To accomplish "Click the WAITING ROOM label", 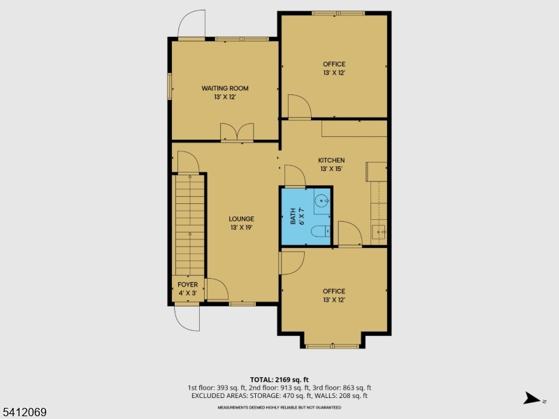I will (x=225, y=88).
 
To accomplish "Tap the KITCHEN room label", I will (x=332, y=160).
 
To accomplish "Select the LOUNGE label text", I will (x=242, y=219).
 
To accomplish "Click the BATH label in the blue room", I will (x=293, y=216).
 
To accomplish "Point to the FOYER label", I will (x=187, y=285).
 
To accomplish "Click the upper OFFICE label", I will (x=334, y=64).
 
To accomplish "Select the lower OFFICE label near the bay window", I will (x=334, y=291).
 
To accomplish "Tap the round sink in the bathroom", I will (x=321, y=201).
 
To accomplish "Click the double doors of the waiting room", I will (x=236, y=133).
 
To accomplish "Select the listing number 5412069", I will (x=24, y=413).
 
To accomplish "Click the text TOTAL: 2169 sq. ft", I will (x=279, y=379).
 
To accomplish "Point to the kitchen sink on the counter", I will (x=377, y=233).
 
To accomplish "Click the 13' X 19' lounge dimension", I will (x=242, y=228).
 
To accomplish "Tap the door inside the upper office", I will (x=299, y=107).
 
